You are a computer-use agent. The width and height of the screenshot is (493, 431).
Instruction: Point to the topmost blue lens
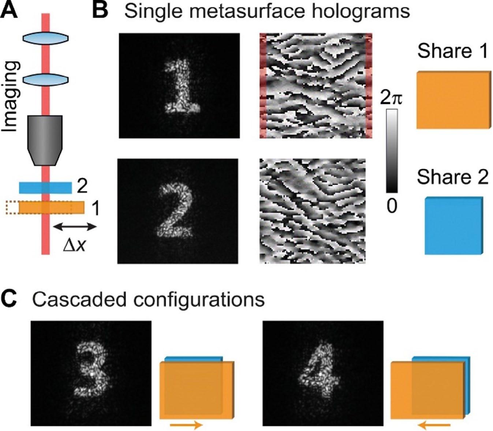pos(45,38)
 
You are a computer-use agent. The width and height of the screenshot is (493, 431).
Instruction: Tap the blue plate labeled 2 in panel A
pos(45,187)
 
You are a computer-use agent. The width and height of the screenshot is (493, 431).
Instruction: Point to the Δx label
pos(74,245)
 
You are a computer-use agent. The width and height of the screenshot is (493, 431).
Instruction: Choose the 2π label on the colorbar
pos(391,98)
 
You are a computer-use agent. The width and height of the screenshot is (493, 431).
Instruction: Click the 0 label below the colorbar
pos(391,207)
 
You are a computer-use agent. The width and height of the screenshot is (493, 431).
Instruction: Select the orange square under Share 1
pos(454,100)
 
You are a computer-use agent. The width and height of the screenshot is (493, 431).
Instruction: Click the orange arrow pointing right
pos(186,425)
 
